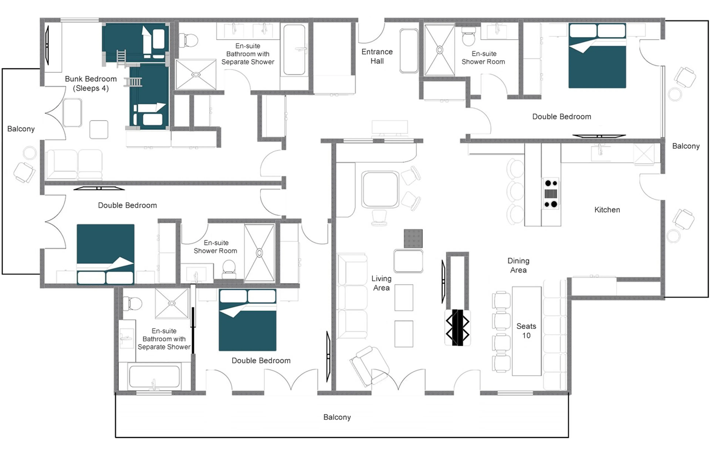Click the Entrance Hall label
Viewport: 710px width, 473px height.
[377, 56]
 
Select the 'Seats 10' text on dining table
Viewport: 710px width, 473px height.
[526, 331]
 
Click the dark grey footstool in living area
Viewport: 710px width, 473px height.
[413, 238]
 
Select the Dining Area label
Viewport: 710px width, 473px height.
[518, 265]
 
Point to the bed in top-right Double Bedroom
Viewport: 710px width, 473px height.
[597, 56]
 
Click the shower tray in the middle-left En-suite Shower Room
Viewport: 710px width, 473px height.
[259, 253]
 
